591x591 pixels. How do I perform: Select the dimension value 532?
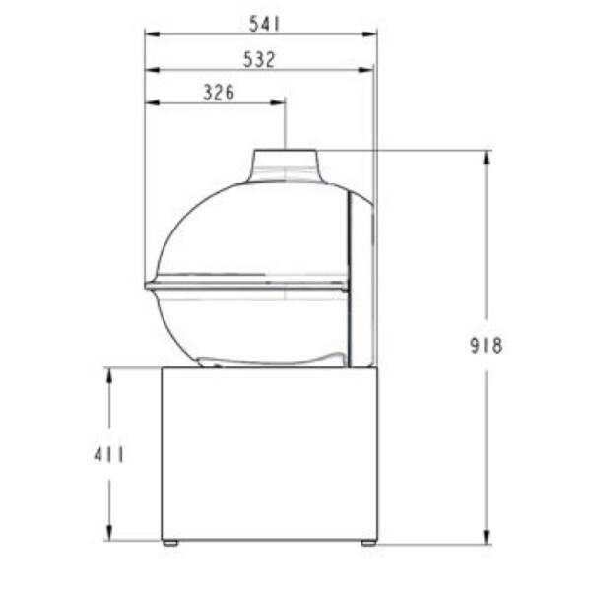[x=258, y=59]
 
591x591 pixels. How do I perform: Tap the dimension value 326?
[x=218, y=94]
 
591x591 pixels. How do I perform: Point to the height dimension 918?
[x=487, y=345]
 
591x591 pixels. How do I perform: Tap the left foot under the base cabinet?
[x=170, y=542]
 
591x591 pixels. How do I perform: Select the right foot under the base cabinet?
[x=367, y=542]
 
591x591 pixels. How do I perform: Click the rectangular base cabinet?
[x=269, y=453]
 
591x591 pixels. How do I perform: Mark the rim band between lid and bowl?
[x=246, y=285]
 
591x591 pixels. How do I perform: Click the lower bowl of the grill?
[x=246, y=325]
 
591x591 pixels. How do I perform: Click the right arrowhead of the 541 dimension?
[x=373, y=33]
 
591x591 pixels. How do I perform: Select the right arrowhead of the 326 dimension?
[x=281, y=101]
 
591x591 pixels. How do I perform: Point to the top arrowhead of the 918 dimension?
[x=487, y=155]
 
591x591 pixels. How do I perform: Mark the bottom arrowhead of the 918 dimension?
[x=487, y=538]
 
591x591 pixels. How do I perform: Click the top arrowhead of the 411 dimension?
[x=109, y=372]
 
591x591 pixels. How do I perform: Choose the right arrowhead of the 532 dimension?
[x=368, y=70]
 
